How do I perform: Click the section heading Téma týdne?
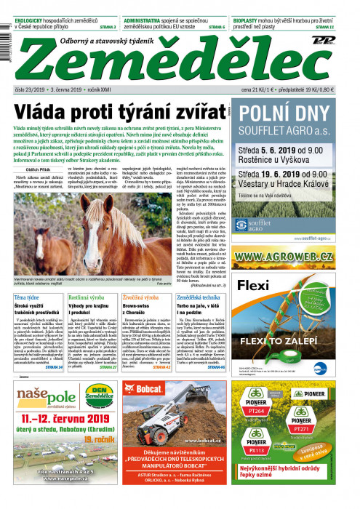pos(27,278)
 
